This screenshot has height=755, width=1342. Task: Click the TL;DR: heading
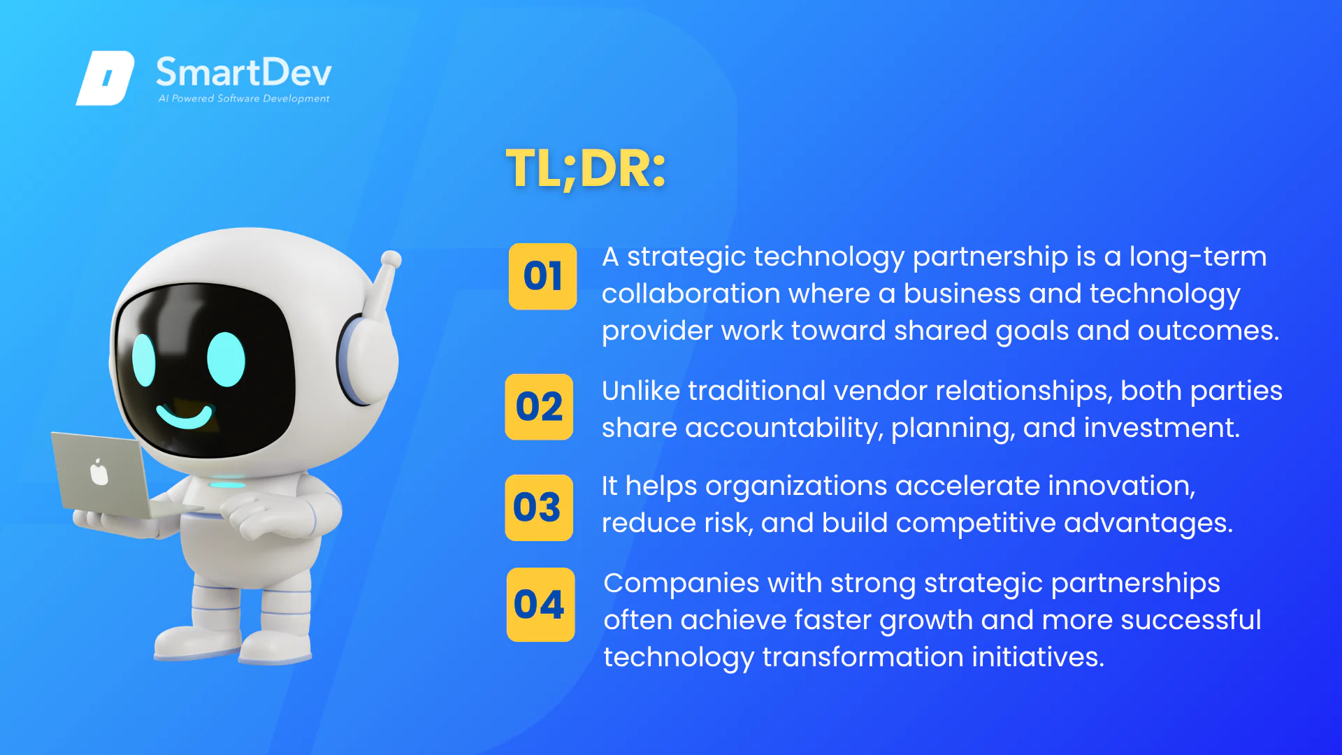(x=586, y=169)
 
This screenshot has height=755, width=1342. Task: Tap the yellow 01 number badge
(x=542, y=276)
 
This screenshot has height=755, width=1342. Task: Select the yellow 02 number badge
(x=539, y=407)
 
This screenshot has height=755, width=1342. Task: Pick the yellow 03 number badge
(x=539, y=508)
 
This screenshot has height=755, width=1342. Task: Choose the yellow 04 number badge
(x=540, y=605)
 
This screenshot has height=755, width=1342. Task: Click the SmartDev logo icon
(x=105, y=78)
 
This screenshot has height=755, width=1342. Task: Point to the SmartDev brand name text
(x=243, y=73)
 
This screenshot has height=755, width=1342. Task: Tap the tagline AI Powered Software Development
(x=243, y=99)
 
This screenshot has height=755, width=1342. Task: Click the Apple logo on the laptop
(x=99, y=473)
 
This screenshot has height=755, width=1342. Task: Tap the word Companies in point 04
(x=681, y=584)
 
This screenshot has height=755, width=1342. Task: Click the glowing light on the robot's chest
(x=228, y=484)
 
